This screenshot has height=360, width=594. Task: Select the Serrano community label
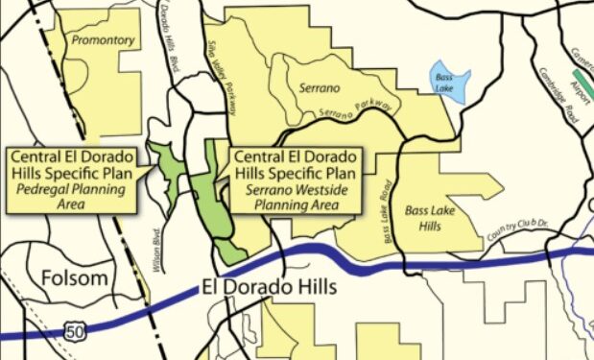pos(321,87)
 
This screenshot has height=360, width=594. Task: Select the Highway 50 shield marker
pos(76,331)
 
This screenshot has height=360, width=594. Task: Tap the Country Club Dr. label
pos(523,228)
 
